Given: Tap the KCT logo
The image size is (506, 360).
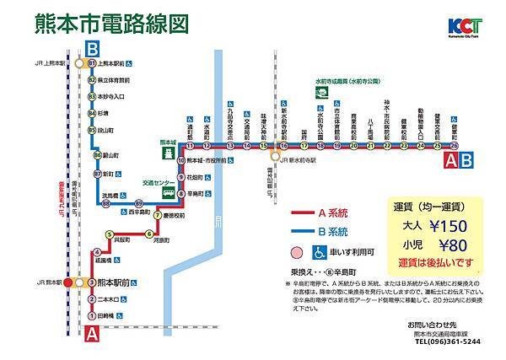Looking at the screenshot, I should click(x=455, y=26).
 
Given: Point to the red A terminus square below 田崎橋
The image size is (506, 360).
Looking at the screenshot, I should click(x=92, y=336).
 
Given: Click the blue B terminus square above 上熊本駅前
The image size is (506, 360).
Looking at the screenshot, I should click(x=92, y=48).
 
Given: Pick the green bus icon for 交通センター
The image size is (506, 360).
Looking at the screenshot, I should click(x=169, y=193).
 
